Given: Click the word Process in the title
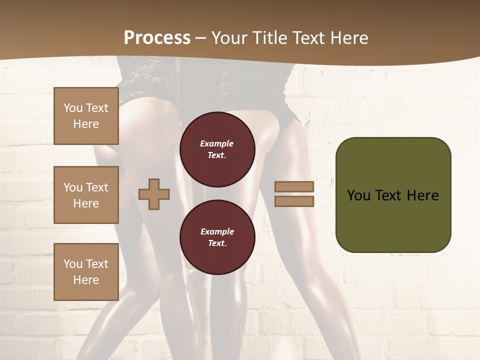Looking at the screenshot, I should [x=157, y=38].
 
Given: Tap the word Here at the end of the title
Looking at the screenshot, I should [x=348, y=38].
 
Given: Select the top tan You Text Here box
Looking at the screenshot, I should [x=86, y=116].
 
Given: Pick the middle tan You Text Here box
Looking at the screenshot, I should [x=86, y=195].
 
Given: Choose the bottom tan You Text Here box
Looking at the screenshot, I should [x=86, y=272].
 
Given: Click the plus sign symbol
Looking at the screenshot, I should [x=154, y=194].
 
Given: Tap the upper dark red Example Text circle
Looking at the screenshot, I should [x=217, y=149].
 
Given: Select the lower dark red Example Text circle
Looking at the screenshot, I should [x=217, y=237].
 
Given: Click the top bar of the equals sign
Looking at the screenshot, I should [x=294, y=186].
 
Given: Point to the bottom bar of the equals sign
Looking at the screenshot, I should [x=294, y=201].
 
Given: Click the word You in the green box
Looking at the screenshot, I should [x=358, y=195].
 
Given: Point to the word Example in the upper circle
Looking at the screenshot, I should [x=217, y=144].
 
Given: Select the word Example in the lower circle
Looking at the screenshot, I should [x=217, y=231].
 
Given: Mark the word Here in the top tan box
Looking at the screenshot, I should [x=86, y=124].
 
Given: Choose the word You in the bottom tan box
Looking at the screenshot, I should [x=73, y=264].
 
